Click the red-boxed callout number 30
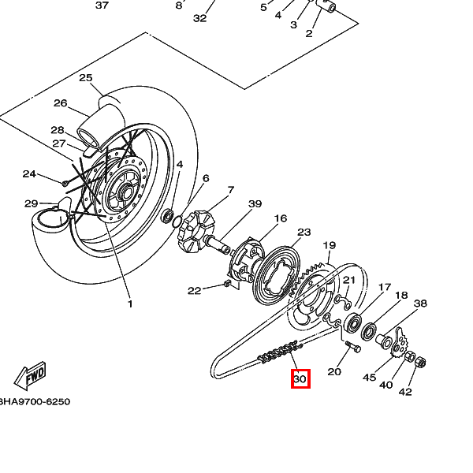pos(300,379)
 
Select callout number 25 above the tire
pos(86,77)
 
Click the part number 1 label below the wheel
pos(130,304)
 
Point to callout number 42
pos(405,392)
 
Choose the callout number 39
pos(255,204)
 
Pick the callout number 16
pos(280,218)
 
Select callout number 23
pos(304,233)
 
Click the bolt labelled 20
pos(352,345)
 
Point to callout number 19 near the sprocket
pos(330,246)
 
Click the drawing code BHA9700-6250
pos(35,401)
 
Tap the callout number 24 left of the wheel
pos(29,173)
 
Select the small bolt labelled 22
pos(228,282)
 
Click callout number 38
pos(420,304)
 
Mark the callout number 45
pos(369,378)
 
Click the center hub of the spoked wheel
pos(123,189)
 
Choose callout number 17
pos(385,286)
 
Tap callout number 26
pos(61,103)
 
